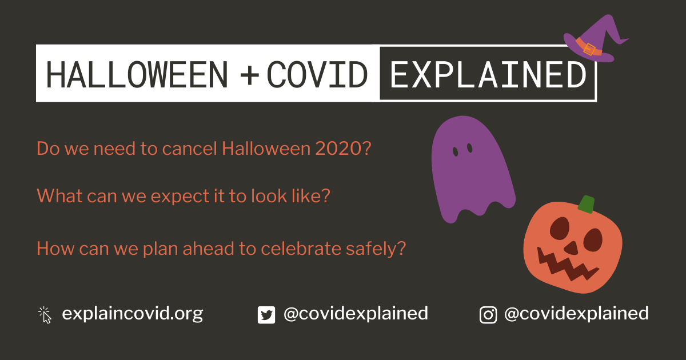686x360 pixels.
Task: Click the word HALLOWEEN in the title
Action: tap(137, 74)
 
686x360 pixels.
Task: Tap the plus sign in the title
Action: tap(250, 74)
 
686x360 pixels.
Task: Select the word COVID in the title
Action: tap(317, 74)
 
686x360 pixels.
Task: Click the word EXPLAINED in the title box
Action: tap(488, 74)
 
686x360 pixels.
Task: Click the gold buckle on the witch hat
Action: tap(589, 49)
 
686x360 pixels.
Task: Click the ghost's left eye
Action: tap(456, 151)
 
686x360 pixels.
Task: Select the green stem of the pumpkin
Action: tap(586, 204)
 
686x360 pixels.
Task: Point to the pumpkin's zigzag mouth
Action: tap(567, 265)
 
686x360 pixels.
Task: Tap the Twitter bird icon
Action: tap(266, 315)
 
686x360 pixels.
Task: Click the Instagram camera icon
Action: tap(488, 315)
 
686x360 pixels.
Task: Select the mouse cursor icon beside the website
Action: tap(45, 315)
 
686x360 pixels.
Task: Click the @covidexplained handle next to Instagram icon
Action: tap(576, 314)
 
